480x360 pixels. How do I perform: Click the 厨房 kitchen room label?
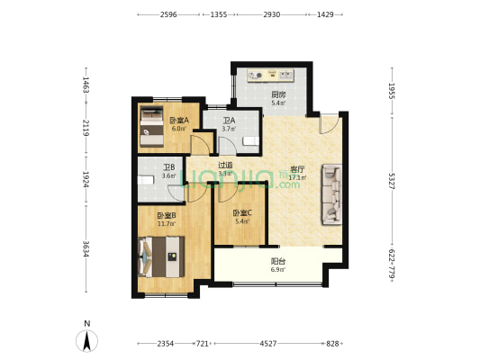click(x=278, y=94)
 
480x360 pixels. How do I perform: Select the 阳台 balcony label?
click(x=278, y=261)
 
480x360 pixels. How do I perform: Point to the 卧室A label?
click(x=178, y=120)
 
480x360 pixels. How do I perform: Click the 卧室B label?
click(x=165, y=215)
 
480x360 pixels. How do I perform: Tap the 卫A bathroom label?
click(x=228, y=121)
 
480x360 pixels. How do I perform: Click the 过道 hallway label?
click(x=225, y=165)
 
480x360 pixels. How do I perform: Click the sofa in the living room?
click(x=331, y=193)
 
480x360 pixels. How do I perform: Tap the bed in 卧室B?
click(x=163, y=257)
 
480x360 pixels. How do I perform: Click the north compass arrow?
click(x=86, y=339)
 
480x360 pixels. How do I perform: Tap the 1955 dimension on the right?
click(x=392, y=91)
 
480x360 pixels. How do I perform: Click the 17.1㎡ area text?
click(x=297, y=177)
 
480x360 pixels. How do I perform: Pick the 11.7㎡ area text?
click(x=165, y=224)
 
